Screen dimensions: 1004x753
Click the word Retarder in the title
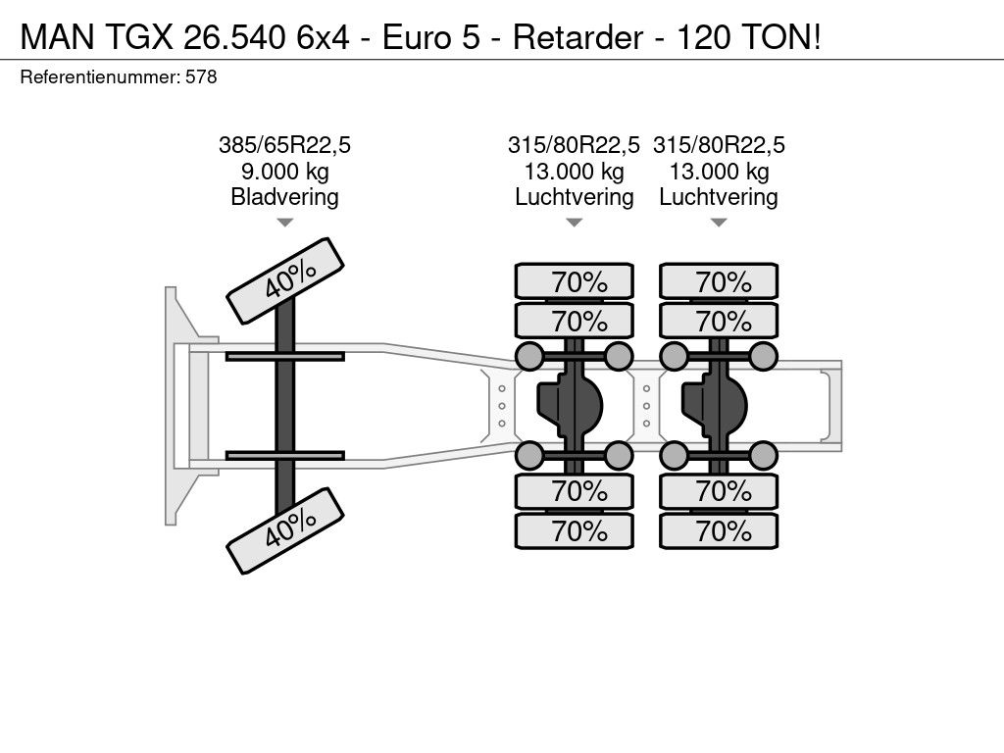(577, 37)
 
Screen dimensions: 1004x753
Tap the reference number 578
(201, 76)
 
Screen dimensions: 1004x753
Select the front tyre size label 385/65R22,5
(284, 145)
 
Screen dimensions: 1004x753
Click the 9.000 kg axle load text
(285, 172)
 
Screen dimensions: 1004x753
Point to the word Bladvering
(284, 196)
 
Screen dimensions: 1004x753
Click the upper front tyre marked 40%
(285, 280)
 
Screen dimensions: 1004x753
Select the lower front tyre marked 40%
(285, 530)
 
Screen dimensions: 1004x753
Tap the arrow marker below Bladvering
(284, 223)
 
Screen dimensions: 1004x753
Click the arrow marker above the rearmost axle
(719, 223)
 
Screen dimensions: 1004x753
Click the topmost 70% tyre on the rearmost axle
(719, 281)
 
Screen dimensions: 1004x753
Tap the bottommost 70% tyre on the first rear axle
(575, 530)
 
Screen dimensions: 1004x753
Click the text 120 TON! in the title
(748, 37)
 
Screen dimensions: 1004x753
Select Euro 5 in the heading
(431, 37)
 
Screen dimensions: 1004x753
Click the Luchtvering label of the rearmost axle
(719, 196)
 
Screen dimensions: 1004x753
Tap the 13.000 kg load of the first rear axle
(575, 172)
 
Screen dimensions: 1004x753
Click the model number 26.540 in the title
(233, 37)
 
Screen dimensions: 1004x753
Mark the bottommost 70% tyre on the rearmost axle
(719, 530)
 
